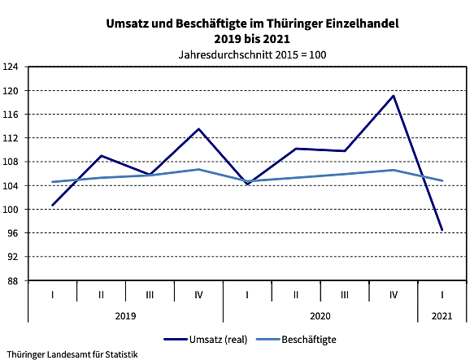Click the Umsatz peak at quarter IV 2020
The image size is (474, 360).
tap(394, 96)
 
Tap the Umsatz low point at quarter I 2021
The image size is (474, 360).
tap(442, 230)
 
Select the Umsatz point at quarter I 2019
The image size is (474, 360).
tap(52, 205)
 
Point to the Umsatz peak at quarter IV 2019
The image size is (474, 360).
tap(198, 128)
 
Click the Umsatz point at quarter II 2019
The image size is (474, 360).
tap(101, 155)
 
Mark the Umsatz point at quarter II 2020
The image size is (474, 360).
tap(296, 149)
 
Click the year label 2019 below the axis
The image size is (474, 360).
tap(125, 314)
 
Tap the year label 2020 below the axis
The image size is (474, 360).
tap(320, 314)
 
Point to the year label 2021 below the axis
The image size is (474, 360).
tap(442, 314)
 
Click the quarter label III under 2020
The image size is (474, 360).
tap(345, 293)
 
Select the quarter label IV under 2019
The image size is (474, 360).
tap(198, 293)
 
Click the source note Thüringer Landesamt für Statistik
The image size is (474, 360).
tap(71, 354)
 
